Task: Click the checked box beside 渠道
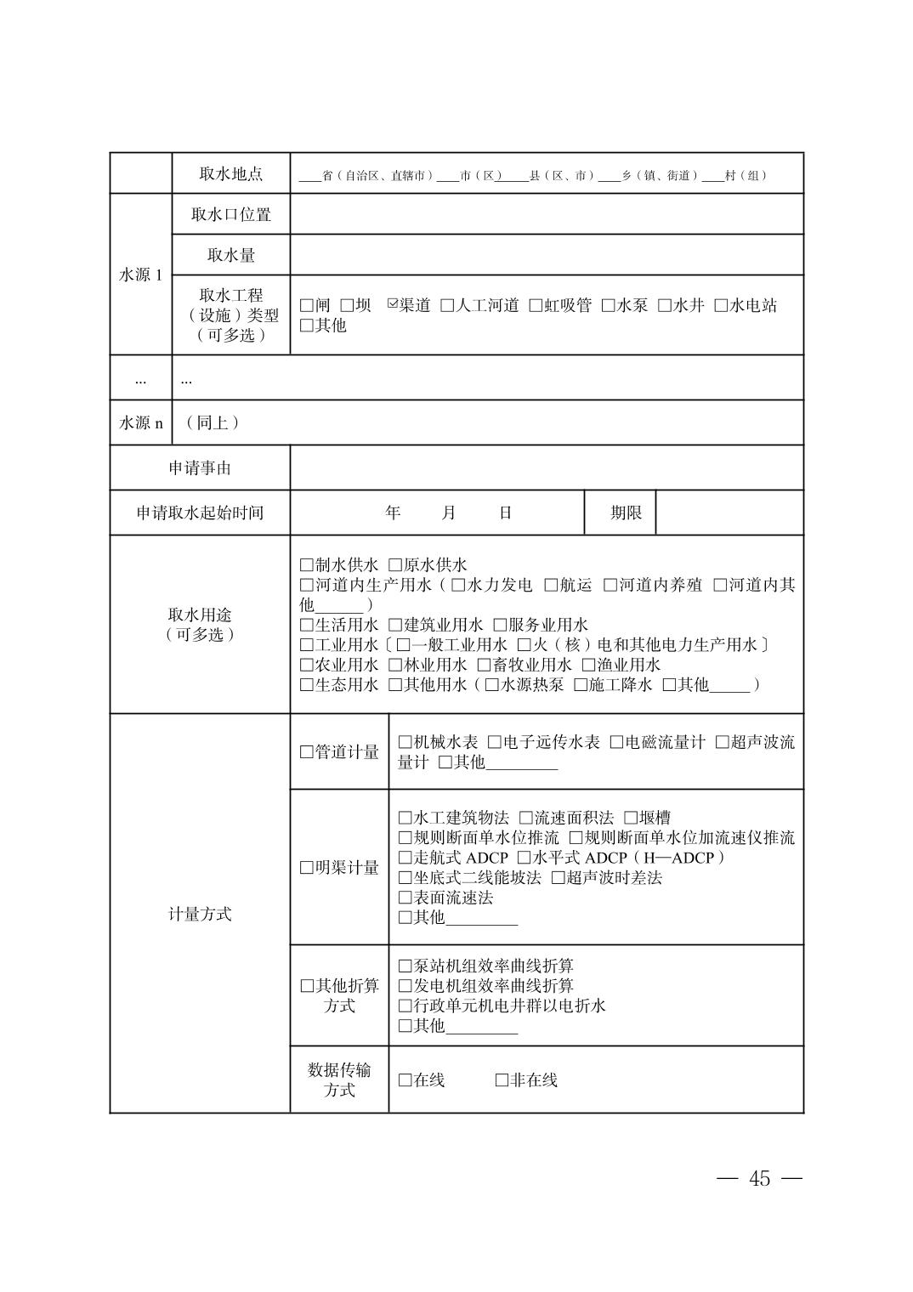click(393, 304)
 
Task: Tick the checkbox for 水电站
click(721, 305)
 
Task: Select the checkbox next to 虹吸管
click(536, 305)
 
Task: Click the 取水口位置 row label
click(230, 214)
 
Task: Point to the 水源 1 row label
click(140, 275)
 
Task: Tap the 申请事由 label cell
click(200, 467)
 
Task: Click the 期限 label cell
click(626, 513)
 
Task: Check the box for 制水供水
click(307, 565)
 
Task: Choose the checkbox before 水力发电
click(458, 585)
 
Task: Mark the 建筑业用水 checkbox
click(395, 625)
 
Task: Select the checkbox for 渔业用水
click(588, 665)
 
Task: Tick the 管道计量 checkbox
click(307, 752)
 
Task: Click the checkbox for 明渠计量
click(307, 868)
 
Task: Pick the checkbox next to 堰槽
click(631, 818)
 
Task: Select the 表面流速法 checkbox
click(405, 898)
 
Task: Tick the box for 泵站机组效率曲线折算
click(405, 966)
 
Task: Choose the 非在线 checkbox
click(502, 1080)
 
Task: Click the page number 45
click(759, 1178)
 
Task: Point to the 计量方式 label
click(200, 914)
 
